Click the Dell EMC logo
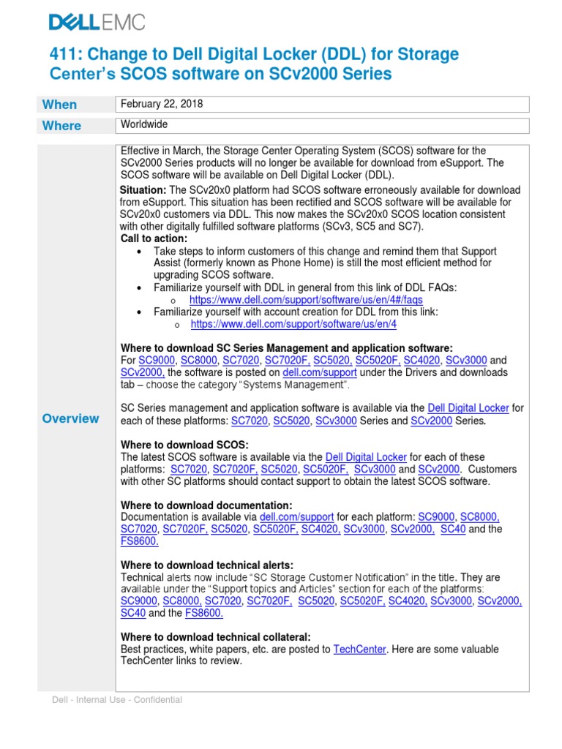(97, 23)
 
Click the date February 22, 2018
(162, 104)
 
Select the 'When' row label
(59, 105)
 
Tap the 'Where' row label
(61, 126)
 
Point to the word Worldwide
(144, 125)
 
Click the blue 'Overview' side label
(70, 418)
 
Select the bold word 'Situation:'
(143, 190)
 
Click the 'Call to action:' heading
(154, 238)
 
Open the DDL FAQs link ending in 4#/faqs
(305, 300)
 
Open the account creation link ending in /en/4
(293, 324)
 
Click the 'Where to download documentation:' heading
(206, 505)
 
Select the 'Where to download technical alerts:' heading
(207, 565)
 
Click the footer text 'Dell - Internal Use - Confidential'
(117, 700)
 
